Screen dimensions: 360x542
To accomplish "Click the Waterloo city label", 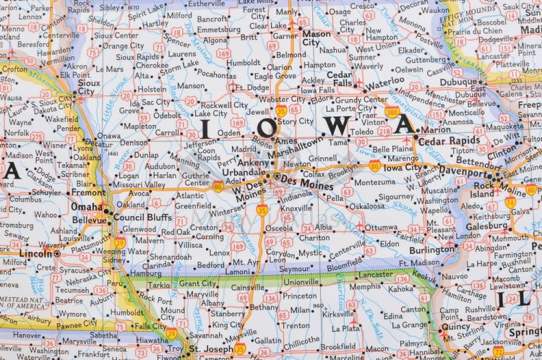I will click(385, 80).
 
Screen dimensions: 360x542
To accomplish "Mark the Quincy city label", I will click(455, 325).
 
